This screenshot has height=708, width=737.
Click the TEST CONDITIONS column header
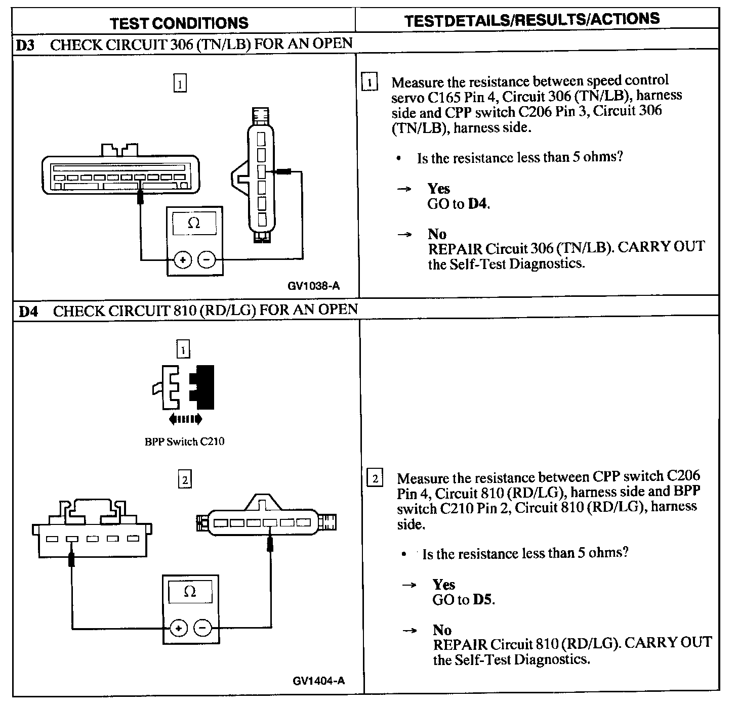click(179, 23)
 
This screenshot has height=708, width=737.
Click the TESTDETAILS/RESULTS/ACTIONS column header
click(533, 20)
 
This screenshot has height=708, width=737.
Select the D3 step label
click(25, 45)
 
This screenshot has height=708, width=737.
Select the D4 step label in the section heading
click(28, 311)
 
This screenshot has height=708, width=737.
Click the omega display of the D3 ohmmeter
click(194, 223)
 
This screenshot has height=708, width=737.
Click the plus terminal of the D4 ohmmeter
click(178, 628)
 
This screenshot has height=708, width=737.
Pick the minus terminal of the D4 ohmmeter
click(202, 628)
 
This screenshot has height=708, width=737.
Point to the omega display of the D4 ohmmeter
click(190, 591)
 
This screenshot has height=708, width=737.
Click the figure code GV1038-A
click(314, 286)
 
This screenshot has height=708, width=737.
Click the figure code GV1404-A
click(318, 681)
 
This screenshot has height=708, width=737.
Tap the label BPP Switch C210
click(184, 442)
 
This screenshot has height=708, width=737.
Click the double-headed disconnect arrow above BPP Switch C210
click(185, 419)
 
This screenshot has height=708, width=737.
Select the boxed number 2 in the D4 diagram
click(185, 479)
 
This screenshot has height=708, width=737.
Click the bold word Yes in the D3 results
click(438, 189)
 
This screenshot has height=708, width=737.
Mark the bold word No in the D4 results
click(442, 630)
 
